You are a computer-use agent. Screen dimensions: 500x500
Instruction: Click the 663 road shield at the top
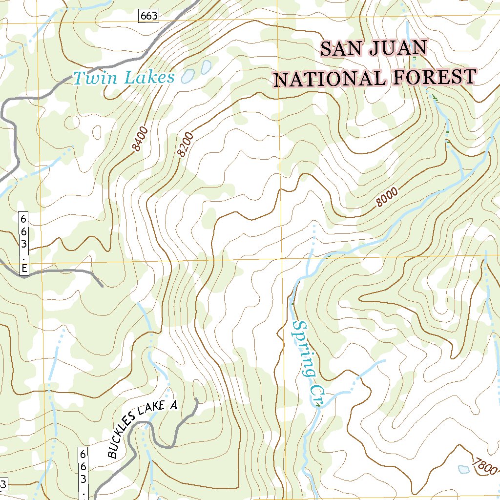[148, 16]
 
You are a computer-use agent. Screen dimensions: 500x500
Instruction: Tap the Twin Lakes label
[124, 78]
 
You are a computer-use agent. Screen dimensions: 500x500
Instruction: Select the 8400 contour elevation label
[139, 141]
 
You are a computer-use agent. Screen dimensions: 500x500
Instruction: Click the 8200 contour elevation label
[186, 145]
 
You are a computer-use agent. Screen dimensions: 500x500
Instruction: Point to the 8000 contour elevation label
[388, 198]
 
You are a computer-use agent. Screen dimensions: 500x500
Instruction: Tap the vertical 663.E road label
[23, 244]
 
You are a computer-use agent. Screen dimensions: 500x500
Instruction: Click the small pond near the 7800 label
[463, 469]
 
